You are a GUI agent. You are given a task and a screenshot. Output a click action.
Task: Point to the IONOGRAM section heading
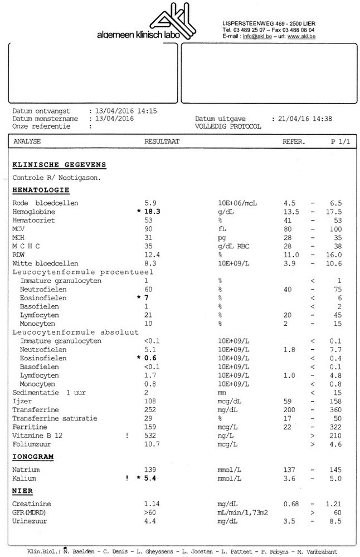[x=33, y=457]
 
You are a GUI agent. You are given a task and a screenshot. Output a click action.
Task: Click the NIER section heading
[x=22, y=491]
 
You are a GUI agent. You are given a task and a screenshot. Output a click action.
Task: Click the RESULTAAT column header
[x=162, y=141]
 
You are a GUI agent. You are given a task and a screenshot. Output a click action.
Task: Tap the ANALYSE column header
[x=27, y=141]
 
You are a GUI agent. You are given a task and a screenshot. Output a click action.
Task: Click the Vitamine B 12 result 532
[x=150, y=435]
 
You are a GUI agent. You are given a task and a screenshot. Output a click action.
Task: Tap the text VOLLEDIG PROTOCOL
[x=228, y=126]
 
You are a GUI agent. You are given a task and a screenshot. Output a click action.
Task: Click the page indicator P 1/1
[x=340, y=141]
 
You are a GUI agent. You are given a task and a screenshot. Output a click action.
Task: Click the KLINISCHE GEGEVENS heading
[x=59, y=165]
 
